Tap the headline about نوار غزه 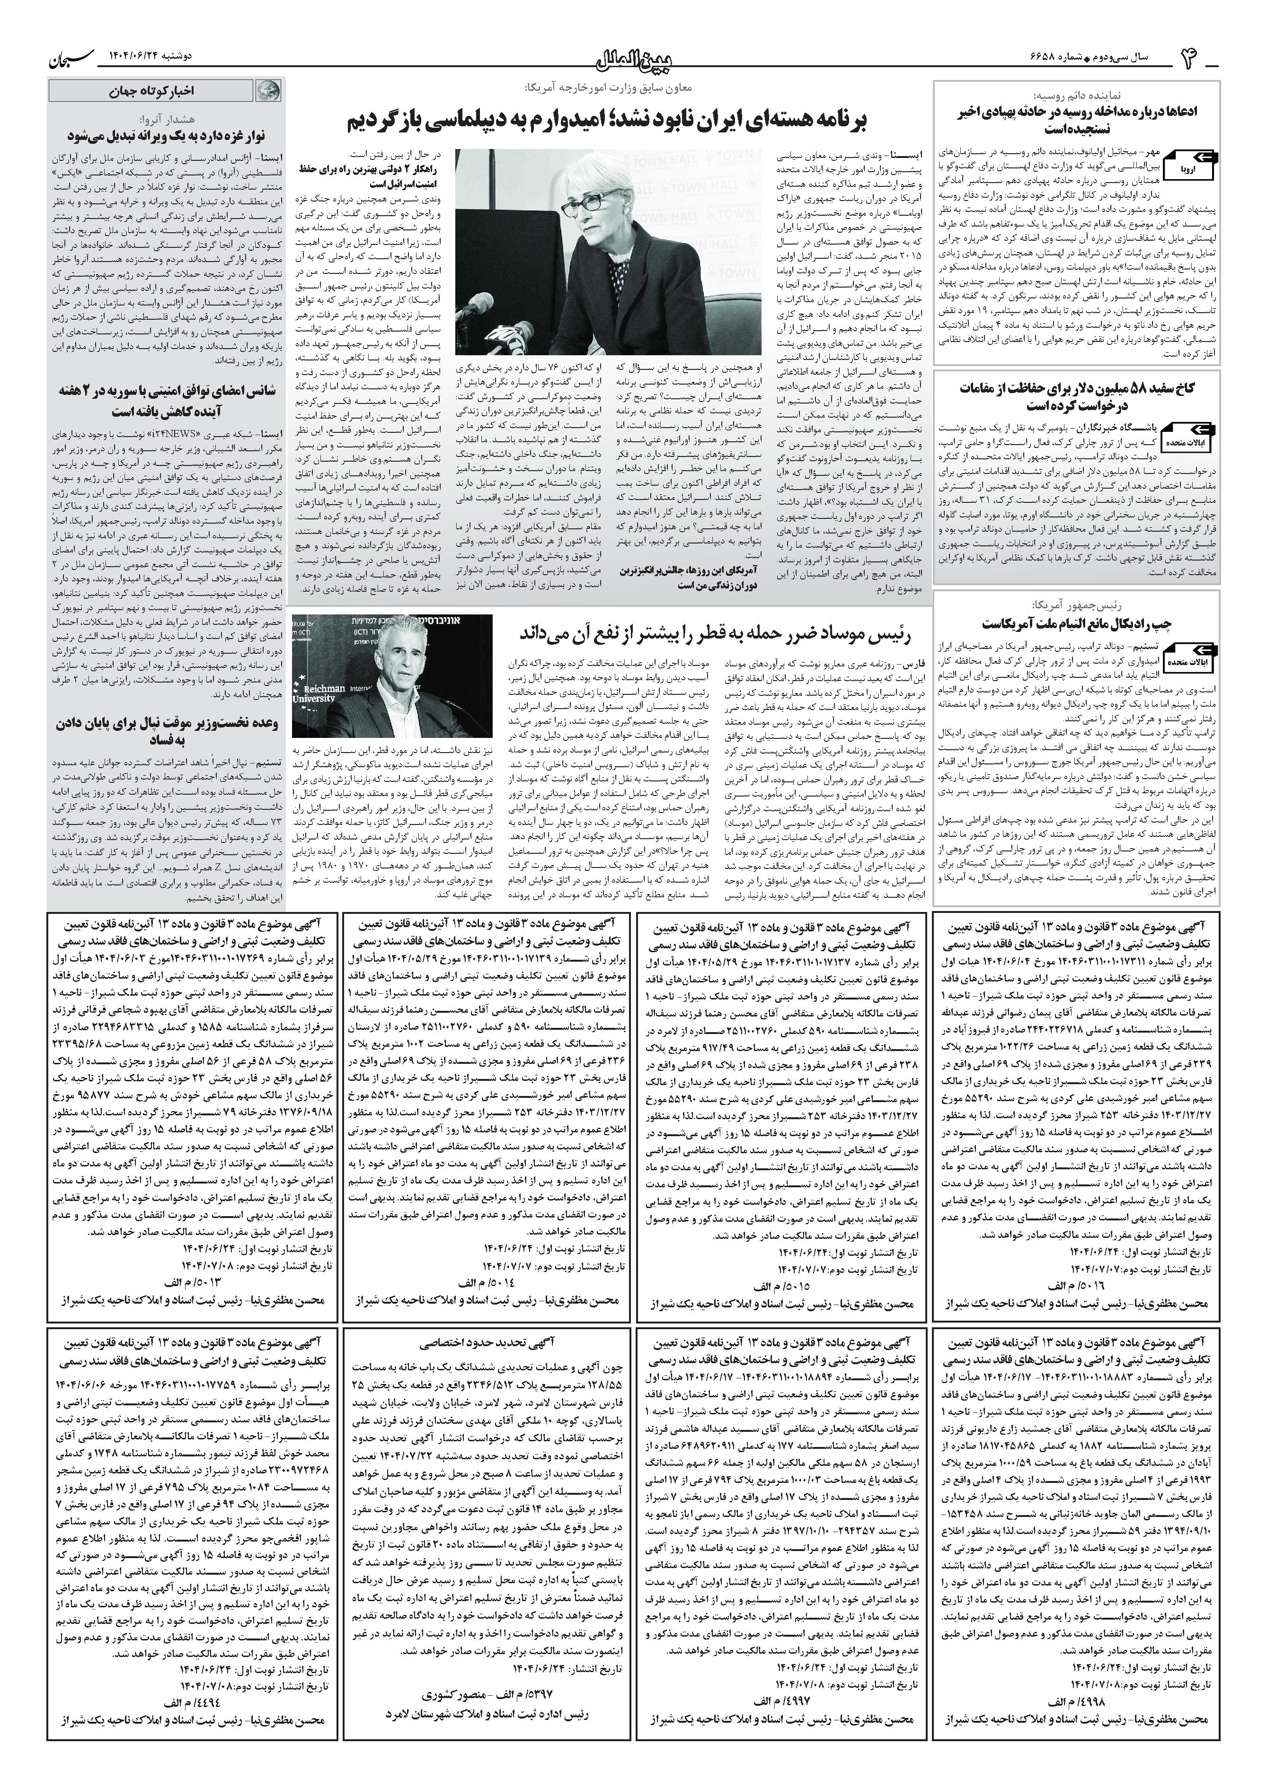[167, 135]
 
